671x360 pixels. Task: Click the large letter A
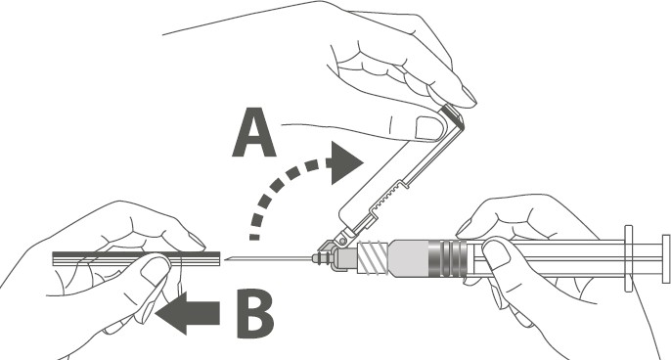[253, 133]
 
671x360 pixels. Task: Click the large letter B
[254, 314]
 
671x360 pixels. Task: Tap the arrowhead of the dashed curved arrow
[344, 163]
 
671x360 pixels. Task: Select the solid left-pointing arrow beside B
[188, 313]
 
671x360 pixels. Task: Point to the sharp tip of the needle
[225, 258]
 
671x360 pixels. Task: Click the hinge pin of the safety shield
[342, 241]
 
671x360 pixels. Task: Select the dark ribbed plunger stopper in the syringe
[448, 257]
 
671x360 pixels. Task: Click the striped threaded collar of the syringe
[373, 257]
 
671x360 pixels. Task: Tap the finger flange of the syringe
[628, 258]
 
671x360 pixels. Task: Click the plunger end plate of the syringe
[666, 258]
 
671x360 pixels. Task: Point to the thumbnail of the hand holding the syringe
[497, 254]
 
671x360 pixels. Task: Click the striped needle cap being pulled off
[136, 259]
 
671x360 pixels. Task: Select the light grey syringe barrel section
[409, 257]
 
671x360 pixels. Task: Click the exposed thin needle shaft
[270, 258]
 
